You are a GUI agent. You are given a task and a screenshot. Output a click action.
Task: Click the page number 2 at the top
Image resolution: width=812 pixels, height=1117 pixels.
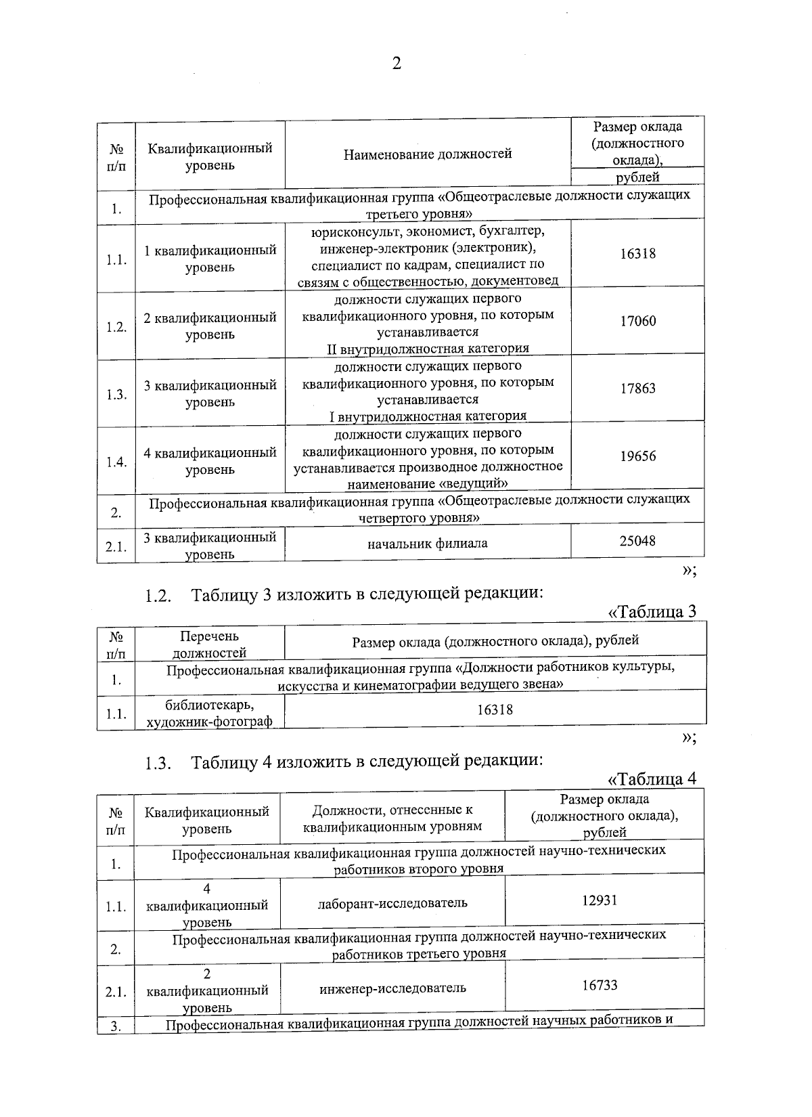[397, 64]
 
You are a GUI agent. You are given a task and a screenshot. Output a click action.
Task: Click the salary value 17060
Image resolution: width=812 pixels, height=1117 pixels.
[638, 321]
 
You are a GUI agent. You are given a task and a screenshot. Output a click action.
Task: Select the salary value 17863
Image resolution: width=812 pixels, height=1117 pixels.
[638, 389]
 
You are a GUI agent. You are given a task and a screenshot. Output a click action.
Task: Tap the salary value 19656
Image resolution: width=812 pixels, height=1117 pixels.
[638, 456]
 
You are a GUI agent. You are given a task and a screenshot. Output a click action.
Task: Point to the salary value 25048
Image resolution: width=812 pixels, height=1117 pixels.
[637, 541]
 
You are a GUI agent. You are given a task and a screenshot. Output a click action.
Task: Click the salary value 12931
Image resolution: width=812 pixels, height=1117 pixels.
[600, 900]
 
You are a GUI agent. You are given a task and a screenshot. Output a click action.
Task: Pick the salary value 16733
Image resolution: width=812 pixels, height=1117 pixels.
[600, 985]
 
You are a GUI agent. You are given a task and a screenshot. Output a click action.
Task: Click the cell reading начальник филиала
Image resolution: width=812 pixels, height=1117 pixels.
[427, 543]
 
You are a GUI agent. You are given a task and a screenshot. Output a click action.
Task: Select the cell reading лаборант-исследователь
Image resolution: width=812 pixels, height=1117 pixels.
[392, 903]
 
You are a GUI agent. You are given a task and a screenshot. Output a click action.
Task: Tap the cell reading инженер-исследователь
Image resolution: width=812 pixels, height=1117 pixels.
[392, 988]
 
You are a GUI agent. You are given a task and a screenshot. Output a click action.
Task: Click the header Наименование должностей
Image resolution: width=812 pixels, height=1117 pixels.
[427, 154]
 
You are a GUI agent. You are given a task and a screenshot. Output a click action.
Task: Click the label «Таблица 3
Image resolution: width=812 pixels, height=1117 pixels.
[652, 612]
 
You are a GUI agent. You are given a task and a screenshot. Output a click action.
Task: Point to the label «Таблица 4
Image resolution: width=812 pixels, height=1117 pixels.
[652, 779]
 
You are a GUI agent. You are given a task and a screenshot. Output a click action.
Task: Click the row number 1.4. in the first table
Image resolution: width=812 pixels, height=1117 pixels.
[116, 462]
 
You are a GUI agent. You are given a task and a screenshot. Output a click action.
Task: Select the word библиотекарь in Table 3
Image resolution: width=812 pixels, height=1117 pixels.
[209, 705]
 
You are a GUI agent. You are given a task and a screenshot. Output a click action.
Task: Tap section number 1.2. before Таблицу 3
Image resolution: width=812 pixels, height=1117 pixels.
[157, 596]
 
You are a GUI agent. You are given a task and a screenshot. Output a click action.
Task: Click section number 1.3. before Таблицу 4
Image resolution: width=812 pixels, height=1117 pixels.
[157, 764]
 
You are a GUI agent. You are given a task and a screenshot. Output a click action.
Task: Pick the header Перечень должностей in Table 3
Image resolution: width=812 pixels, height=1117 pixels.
[209, 644]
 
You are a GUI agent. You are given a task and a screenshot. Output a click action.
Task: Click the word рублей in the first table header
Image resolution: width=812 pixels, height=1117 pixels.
[637, 177]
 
